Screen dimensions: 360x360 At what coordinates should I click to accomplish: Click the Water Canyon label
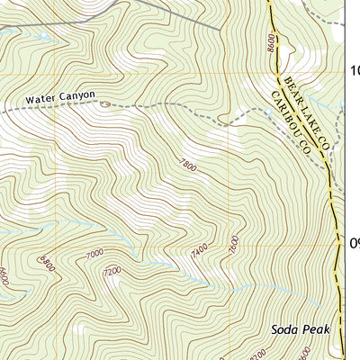click(60, 95)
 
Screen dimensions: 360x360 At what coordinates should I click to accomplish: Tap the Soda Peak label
click(301, 329)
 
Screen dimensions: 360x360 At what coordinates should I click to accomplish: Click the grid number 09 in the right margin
click(355, 243)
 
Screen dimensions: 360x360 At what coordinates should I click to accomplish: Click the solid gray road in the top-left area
click(180, 13)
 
